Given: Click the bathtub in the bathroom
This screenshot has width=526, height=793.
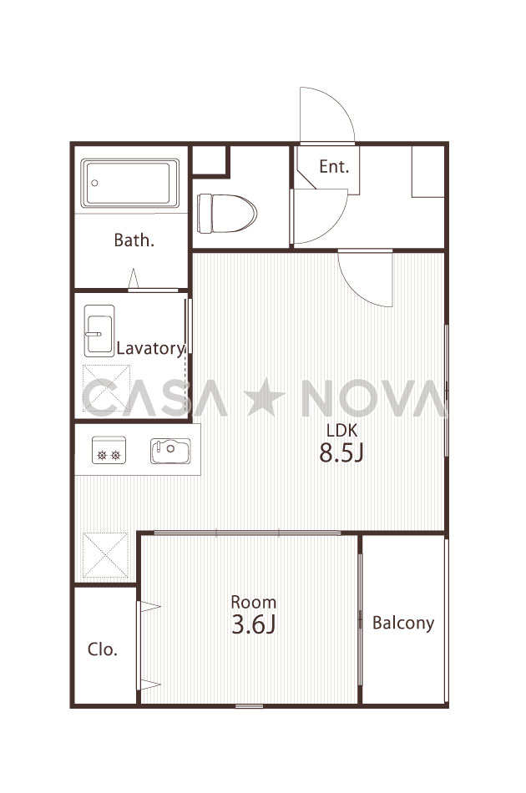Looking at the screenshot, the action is click(130, 183).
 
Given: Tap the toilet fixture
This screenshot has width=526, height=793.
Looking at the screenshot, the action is click(226, 214).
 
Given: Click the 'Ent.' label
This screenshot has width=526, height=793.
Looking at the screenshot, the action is click(334, 166).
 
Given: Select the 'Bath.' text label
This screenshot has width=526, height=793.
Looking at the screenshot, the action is click(134, 240).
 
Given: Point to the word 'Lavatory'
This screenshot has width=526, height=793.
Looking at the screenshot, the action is click(151, 348).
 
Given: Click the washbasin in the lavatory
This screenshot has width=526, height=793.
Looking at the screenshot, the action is click(99, 331).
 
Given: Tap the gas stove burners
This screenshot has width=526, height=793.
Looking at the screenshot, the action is click(109, 451).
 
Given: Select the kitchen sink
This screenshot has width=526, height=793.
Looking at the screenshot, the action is click(170, 451).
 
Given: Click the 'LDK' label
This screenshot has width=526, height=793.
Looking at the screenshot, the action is click(342, 431).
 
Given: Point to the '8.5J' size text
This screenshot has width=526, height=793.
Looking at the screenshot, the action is click(341, 453).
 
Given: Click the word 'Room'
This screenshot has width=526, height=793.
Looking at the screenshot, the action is click(253, 602).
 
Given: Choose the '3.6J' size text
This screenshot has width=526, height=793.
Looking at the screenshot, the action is click(253, 624).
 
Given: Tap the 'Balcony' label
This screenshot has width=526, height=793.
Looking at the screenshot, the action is click(403, 623).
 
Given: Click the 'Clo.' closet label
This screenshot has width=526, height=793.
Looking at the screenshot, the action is click(103, 649).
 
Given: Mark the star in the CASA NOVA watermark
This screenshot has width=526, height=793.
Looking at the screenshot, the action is click(265, 396).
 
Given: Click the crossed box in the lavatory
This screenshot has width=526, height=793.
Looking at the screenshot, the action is click(106, 389).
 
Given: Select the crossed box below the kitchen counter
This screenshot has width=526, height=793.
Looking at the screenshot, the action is click(105, 555).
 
